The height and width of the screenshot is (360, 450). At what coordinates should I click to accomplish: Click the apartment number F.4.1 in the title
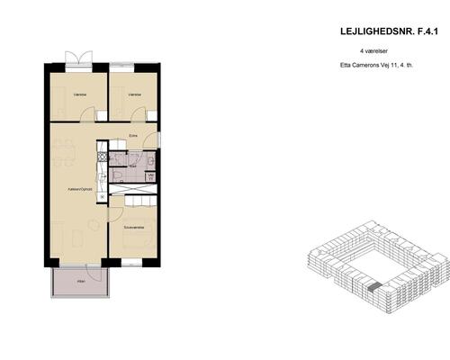(x=423, y=31)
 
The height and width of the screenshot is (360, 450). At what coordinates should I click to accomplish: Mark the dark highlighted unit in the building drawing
(x=373, y=287)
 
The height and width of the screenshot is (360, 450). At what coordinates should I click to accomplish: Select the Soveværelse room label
(x=133, y=228)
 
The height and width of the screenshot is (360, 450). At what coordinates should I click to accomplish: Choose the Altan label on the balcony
(x=80, y=281)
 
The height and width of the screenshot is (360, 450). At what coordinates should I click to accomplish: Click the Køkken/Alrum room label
(x=81, y=189)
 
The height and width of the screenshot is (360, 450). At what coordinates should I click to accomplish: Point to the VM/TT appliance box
(x=150, y=177)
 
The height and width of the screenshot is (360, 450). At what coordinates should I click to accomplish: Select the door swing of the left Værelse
(x=86, y=114)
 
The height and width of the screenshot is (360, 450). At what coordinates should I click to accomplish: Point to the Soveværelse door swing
(x=115, y=213)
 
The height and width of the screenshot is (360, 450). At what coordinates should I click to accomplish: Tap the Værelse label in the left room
(x=80, y=94)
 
